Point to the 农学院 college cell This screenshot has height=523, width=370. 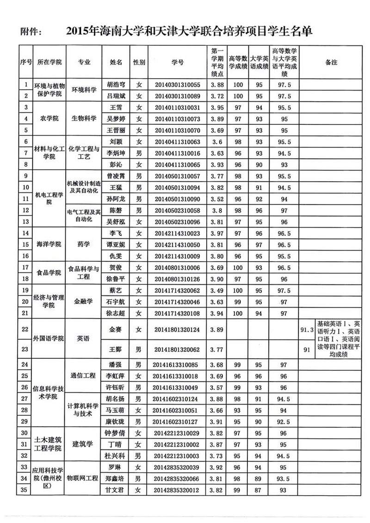[49, 119]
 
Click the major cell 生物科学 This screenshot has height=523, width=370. [84, 119]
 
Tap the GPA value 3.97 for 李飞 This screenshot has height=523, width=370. [217, 233]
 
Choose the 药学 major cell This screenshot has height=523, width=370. [84, 244]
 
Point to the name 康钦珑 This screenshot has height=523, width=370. [116, 422]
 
